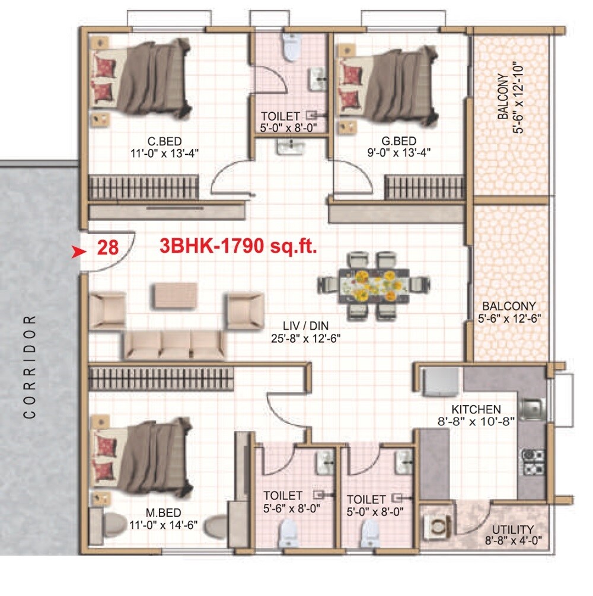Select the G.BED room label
pyautogui.click(x=398, y=141)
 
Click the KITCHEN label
pyautogui.click(x=476, y=409)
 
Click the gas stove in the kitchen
pyautogui.click(x=532, y=462)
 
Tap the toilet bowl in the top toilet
pyautogui.click(x=291, y=47)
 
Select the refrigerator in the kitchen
pyautogui.click(x=439, y=382)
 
